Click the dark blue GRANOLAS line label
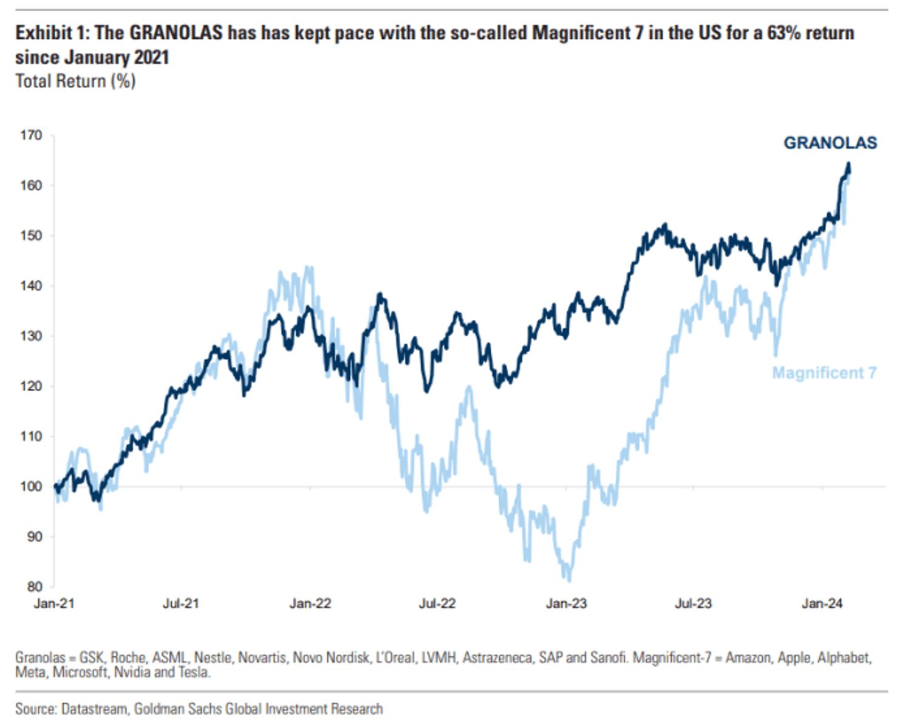830,143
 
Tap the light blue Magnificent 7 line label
824,373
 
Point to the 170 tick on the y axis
31,135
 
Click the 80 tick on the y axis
34,586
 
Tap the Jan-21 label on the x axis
54,603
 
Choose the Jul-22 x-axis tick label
437,603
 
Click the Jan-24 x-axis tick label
822,603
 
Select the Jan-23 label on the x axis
566,603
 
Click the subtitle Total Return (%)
75,81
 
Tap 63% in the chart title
785,33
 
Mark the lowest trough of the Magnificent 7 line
568,580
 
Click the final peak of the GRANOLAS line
848,163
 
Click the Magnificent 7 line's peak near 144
309,266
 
